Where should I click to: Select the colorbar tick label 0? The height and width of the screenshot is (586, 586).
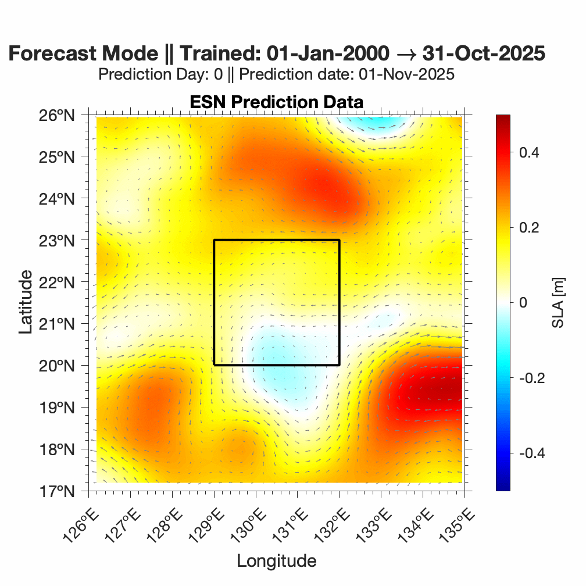click(x=523, y=303)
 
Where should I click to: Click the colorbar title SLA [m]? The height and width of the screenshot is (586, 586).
click(x=559, y=302)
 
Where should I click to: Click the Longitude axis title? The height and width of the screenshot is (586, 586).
click(x=276, y=561)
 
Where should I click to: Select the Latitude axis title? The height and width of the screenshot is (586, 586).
click(x=25, y=302)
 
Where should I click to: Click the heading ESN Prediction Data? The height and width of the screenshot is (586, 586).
click(x=276, y=102)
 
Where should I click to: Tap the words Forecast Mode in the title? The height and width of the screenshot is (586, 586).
click(x=83, y=53)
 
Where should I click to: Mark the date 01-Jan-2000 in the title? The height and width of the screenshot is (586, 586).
click(x=327, y=53)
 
